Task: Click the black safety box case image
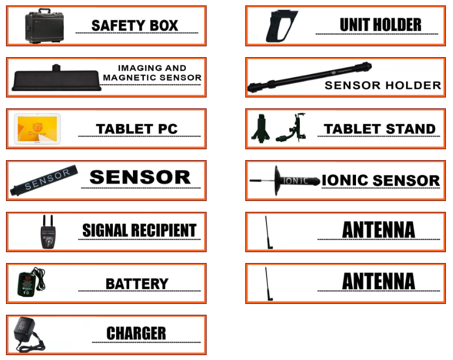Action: pos(45,26)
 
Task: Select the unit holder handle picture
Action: pos(281,26)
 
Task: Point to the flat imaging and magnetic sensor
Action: pos(57,78)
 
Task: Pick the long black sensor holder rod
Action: pos(309,77)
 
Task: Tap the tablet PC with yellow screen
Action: pos(37,129)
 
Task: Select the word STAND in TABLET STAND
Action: pos(410,129)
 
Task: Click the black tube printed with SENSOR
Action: pos(44,180)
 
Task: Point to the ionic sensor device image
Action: pos(285,180)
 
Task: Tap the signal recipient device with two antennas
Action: pos(48,231)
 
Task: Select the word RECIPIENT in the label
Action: pos(164,230)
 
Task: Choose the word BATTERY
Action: pos(137,284)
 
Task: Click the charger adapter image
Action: pos(29,334)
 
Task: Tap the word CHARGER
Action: pos(136,333)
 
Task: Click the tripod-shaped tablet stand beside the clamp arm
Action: pos(261,129)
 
